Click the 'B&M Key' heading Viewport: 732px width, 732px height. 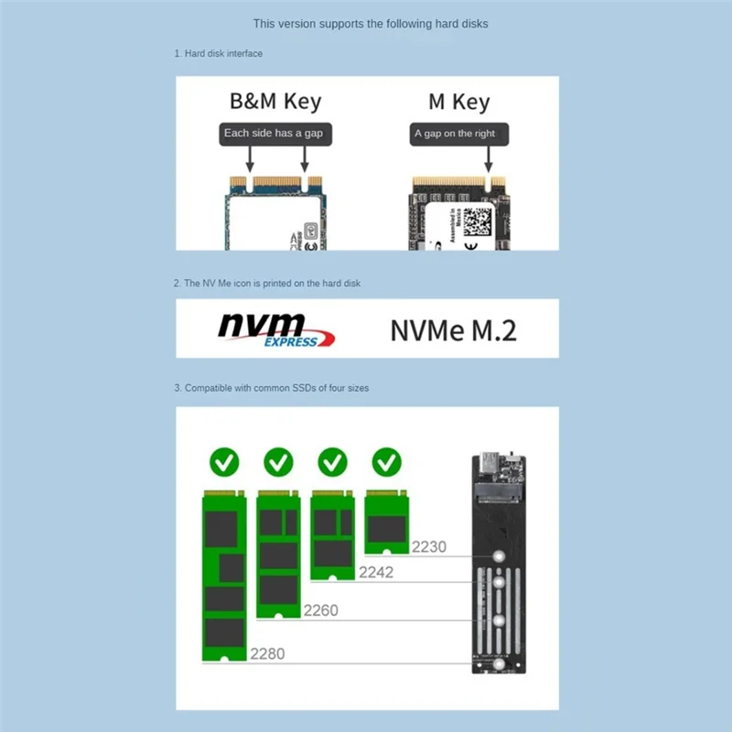(x=275, y=101)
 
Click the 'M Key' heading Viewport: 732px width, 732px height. (x=458, y=102)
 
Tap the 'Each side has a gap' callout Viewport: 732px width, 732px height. (x=274, y=134)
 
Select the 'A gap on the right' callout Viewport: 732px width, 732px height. (x=454, y=134)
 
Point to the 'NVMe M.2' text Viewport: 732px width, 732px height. (x=453, y=329)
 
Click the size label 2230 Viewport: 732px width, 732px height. (x=429, y=547)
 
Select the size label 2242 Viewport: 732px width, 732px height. (x=375, y=572)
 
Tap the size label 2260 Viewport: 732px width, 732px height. (x=320, y=609)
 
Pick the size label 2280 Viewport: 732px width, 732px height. (x=267, y=653)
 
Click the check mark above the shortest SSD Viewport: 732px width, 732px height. (x=387, y=461)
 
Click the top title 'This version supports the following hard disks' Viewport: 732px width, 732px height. (x=371, y=24)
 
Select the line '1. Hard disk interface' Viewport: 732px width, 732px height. (x=219, y=54)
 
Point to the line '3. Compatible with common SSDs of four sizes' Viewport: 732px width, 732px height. (x=272, y=389)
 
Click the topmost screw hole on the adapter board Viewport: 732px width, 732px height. (x=498, y=555)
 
